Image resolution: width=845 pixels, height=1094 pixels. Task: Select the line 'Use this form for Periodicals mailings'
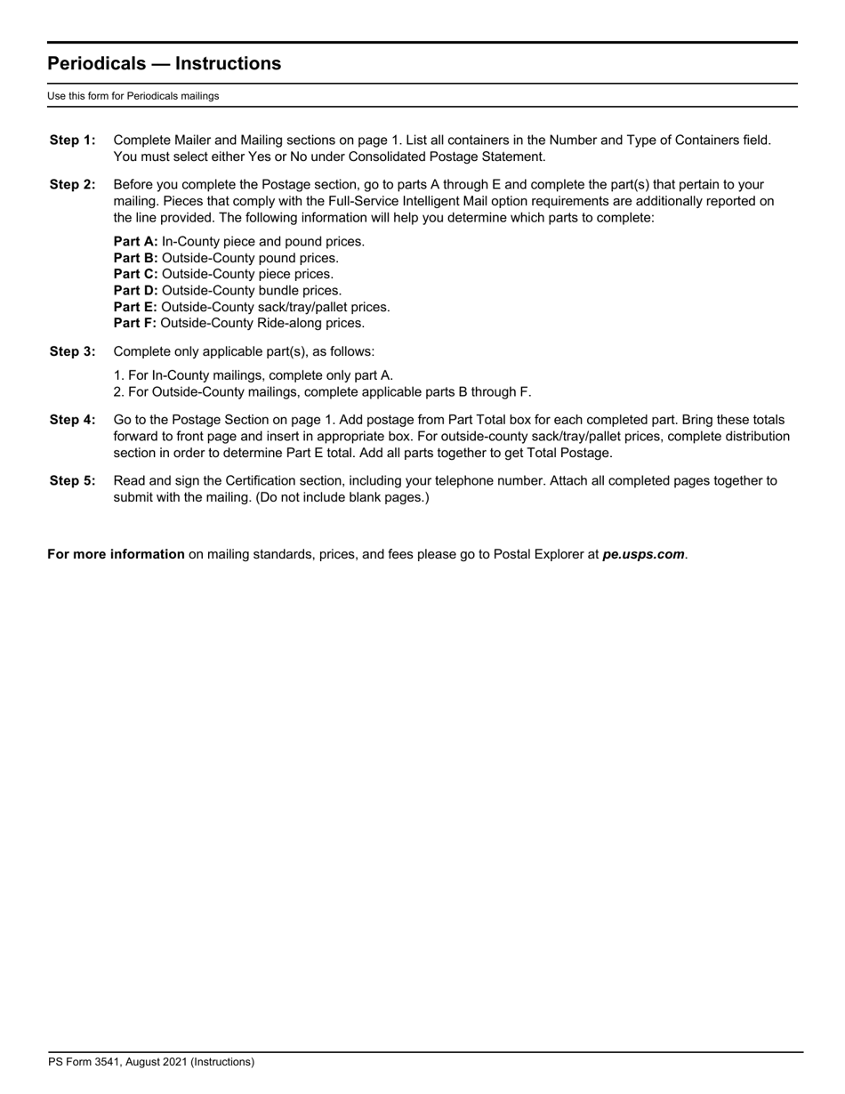(x=133, y=96)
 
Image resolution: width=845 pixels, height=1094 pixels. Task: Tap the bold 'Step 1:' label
(x=72, y=141)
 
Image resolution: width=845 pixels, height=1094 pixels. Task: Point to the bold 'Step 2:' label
(x=72, y=185)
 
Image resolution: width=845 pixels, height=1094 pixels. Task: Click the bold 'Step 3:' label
(x=72, y=351)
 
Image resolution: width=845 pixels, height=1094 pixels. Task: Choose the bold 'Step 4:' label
(x=72, y=420)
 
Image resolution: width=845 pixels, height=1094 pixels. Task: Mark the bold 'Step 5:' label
(x=72, y=481)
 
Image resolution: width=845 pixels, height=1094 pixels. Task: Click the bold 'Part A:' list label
(x=136, y=242)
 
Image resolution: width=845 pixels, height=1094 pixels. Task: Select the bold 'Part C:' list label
(x=136, y=274)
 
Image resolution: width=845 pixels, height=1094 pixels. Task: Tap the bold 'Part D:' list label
(x=136, y=291)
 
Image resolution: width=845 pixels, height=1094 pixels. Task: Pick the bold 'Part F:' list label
(x=135, y=324)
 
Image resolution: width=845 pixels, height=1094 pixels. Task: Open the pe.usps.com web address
(x=643, y=554)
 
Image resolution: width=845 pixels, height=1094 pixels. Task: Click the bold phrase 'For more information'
(x=116, y=554)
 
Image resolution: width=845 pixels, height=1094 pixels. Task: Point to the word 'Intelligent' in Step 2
(x=433, y=202)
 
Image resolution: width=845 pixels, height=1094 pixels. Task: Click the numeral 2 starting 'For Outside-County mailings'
(x=117, y=392)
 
